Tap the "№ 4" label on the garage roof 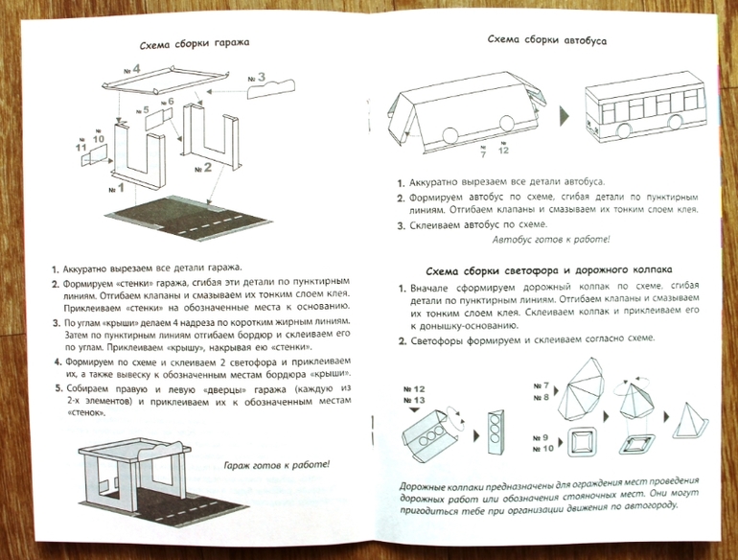pos(131,69)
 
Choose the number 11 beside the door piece pos(81,147)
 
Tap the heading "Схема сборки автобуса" pos(546,40)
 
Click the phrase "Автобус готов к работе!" pos(551,239)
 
